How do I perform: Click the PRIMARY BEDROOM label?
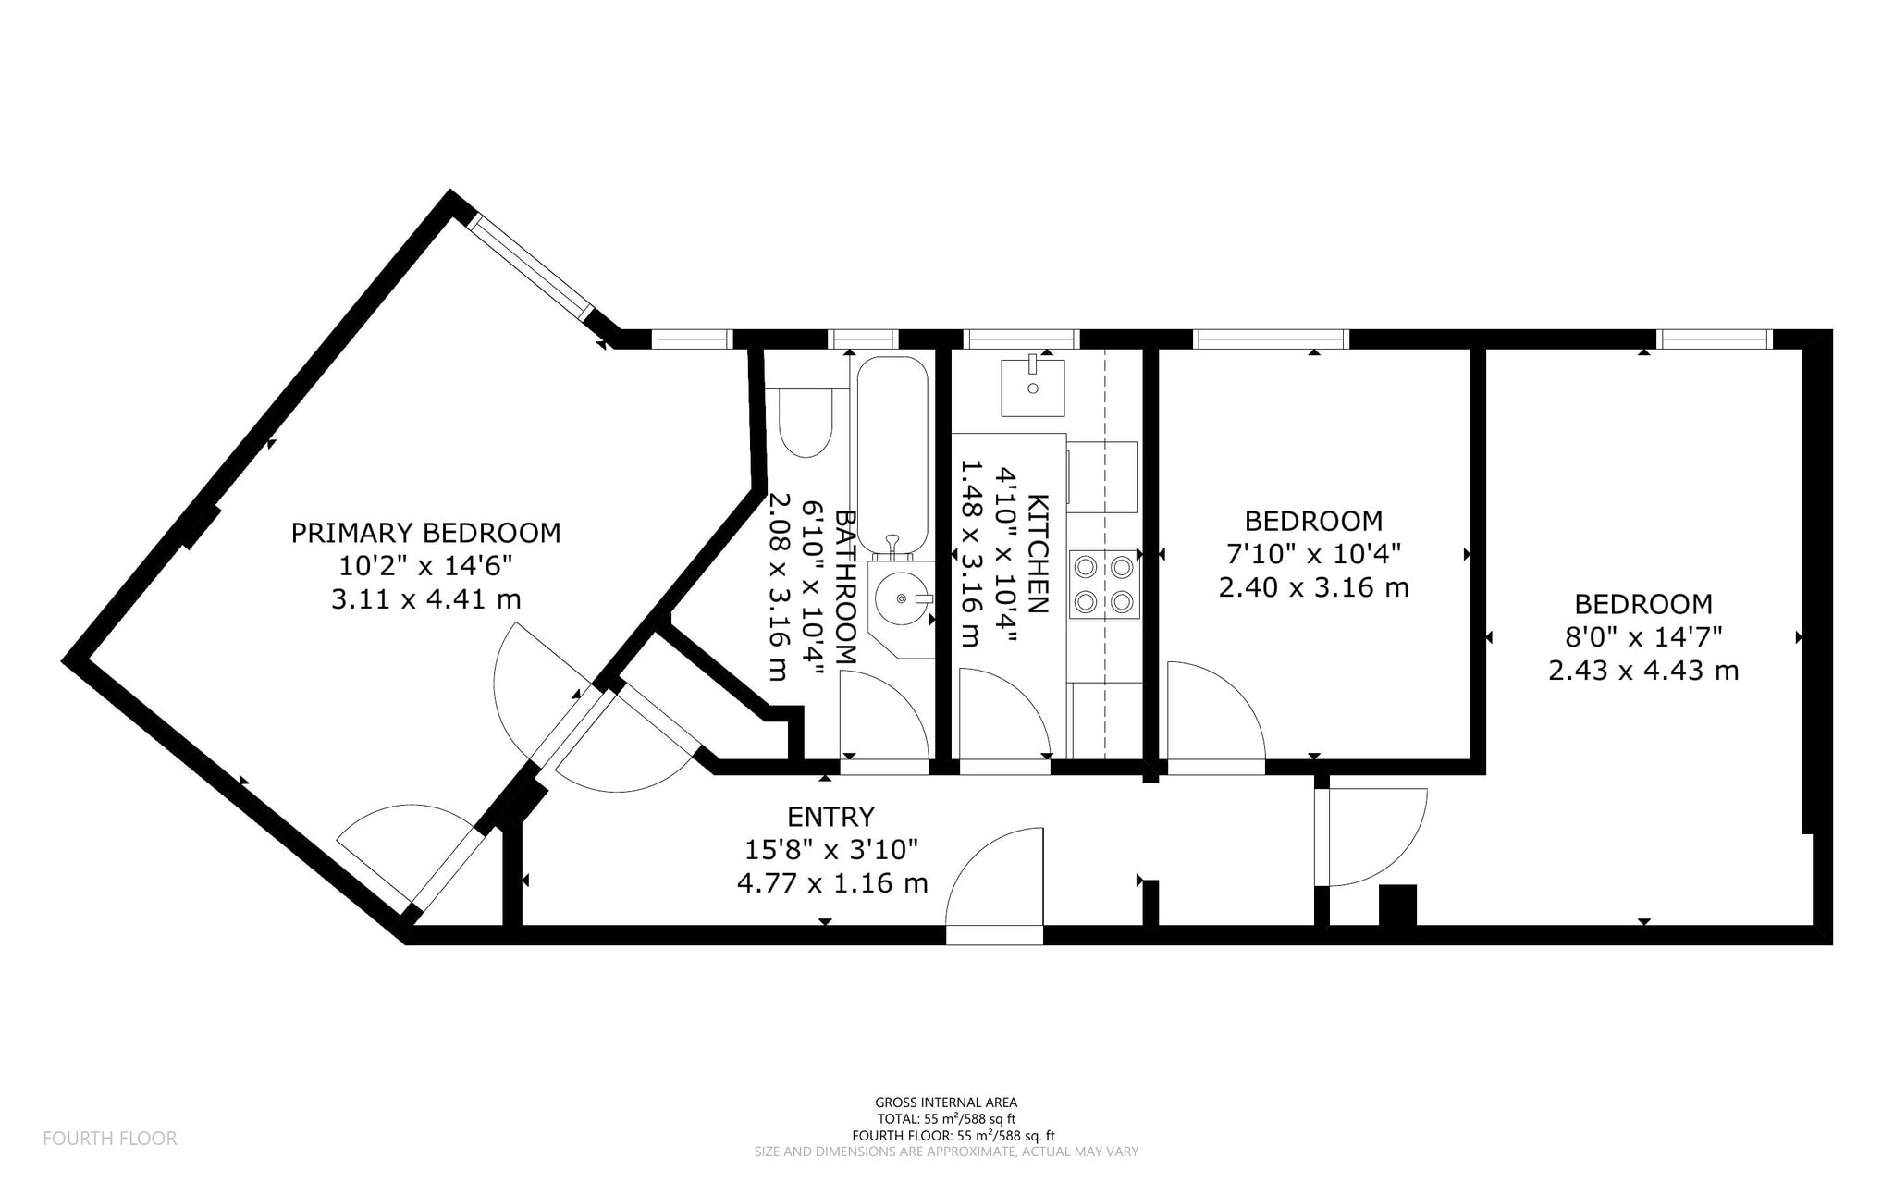pos(425,533)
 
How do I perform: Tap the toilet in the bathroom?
pos(805,423)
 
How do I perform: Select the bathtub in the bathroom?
pos(892,456)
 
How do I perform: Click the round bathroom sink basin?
pos(898,598)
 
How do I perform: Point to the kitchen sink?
pos(1033,388)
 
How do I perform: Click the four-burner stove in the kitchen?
pos(1104,584)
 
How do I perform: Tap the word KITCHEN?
pos(1039,554)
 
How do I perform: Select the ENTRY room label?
pos(830,817)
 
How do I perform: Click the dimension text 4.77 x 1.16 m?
pos(832,883)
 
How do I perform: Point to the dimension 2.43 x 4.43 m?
pos(1643,670)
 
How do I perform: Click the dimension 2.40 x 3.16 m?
pos(1313,587)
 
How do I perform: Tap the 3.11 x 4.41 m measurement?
pos(425,599)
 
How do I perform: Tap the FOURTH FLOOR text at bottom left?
pos(110,1139)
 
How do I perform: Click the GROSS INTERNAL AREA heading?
pos(946,1103)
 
